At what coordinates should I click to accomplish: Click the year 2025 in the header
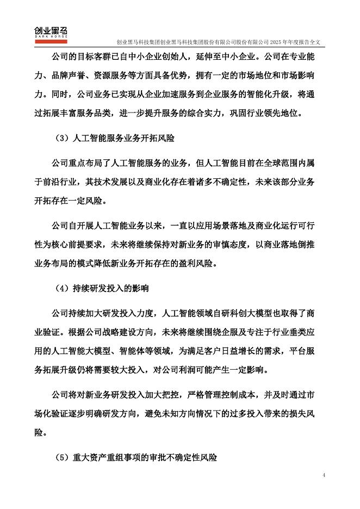coord(278,42)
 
